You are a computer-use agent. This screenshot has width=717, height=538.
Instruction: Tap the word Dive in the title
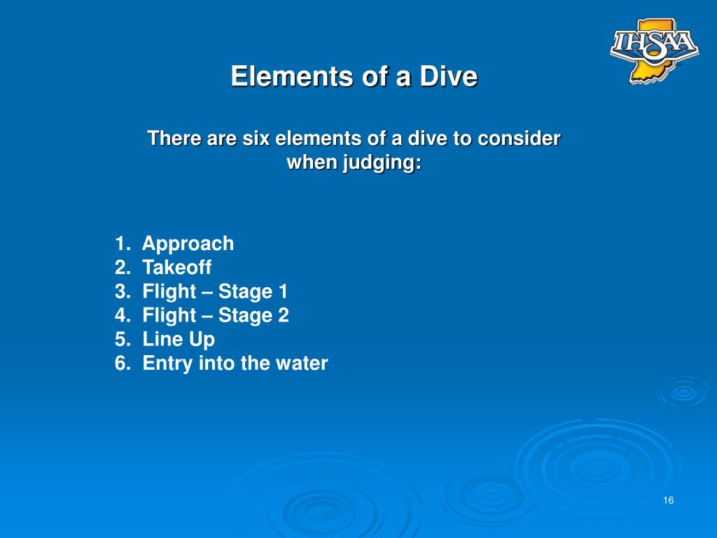448,76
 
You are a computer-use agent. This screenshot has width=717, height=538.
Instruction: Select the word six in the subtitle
256,139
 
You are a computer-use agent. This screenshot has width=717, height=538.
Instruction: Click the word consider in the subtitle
519,139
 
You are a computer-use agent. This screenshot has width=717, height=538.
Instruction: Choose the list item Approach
188,244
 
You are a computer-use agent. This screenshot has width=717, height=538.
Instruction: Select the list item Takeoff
176,268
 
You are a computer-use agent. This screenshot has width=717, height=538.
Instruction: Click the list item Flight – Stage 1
215,291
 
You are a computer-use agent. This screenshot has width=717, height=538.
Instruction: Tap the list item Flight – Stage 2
215,315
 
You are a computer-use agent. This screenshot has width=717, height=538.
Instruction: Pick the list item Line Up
179,339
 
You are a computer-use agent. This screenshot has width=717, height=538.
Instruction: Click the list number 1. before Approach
123,244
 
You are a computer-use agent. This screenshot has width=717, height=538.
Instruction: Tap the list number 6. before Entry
123,364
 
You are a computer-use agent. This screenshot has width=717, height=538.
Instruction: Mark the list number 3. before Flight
123,291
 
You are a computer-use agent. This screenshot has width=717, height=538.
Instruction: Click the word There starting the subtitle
174,139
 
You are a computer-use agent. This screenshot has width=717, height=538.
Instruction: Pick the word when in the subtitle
312,163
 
